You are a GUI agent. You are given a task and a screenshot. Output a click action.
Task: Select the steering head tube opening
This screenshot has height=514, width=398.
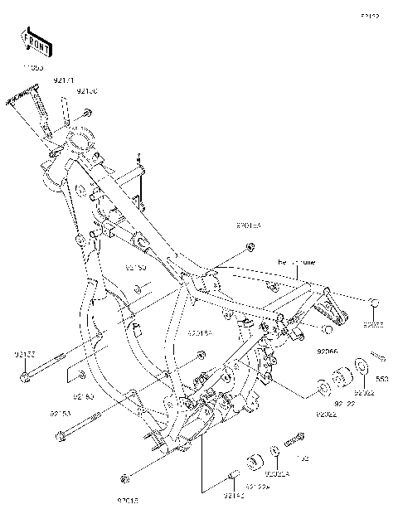coord(83,134)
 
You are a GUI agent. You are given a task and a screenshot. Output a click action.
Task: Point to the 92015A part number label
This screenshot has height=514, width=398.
coord(248,225)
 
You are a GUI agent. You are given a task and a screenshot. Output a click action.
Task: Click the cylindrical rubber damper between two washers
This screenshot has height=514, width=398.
coord(338,377)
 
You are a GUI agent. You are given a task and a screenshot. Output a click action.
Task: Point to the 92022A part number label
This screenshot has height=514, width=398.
coord(276,474)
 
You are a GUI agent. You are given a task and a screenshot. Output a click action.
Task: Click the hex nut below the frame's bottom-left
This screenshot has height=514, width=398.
coord(124,478)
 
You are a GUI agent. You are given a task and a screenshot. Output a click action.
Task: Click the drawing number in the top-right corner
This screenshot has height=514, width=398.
coord(369,15)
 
